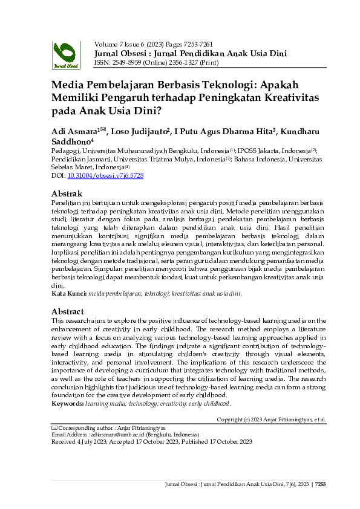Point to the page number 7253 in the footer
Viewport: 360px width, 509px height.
point(321,484)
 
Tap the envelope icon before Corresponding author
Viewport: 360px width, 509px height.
point(54,427)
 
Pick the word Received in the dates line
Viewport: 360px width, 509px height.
point(64,442)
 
